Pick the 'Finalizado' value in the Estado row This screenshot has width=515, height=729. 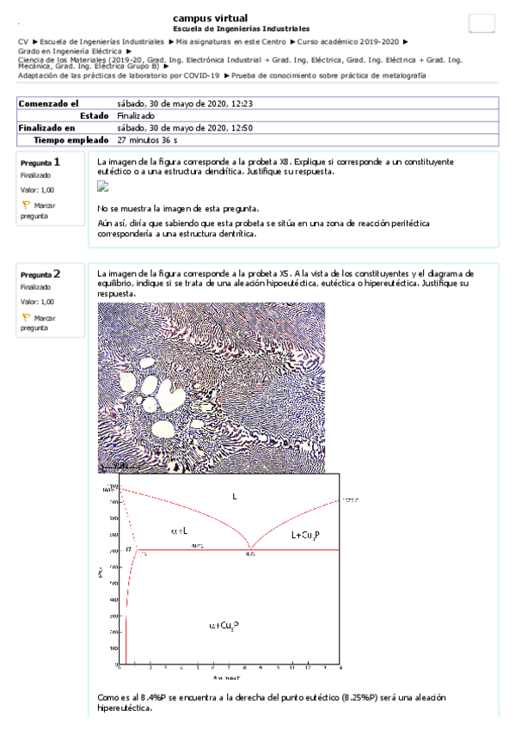(136, 115)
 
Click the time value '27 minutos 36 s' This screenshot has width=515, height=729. (147, 139)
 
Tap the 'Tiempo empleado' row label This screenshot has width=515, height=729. (71, 139)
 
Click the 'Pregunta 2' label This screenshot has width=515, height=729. (40, 273)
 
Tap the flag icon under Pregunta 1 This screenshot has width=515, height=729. (26, 205)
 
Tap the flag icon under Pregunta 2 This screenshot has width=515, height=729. (26, 317)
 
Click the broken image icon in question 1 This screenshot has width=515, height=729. (103, 186)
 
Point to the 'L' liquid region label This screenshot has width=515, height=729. (234, 495)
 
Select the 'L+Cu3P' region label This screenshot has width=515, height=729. (308, 535)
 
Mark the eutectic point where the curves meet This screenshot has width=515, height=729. (250, 548)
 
